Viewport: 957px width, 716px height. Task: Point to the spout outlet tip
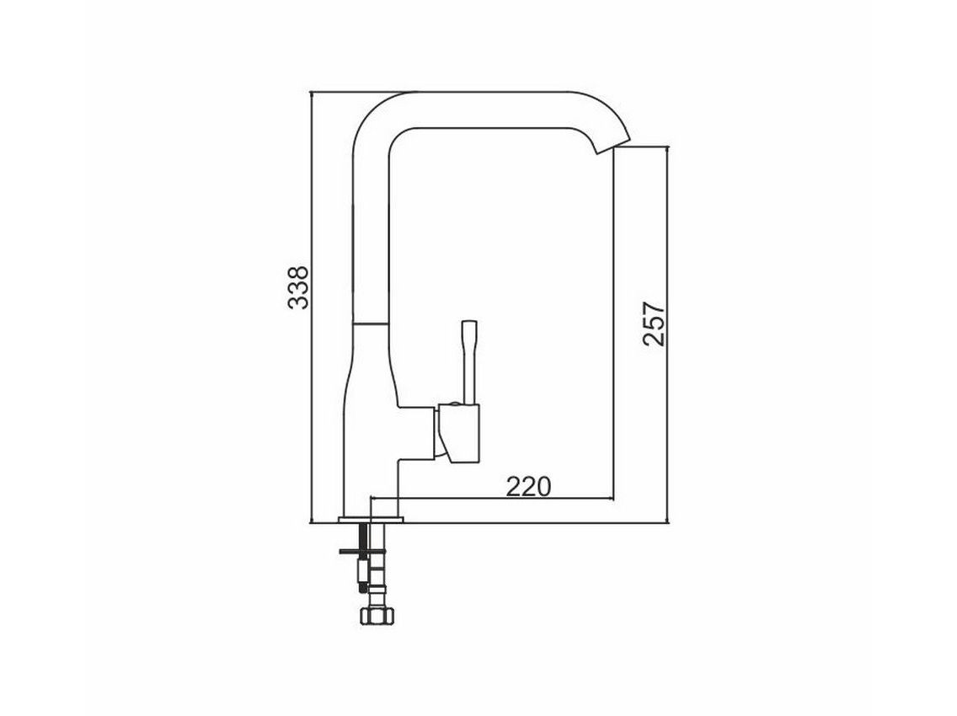(x=611, y=148)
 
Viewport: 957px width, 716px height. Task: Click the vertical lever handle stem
(x=468, y=366)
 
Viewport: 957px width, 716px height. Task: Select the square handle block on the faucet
(x=458, y=432)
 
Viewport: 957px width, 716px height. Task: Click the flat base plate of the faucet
(x=372, y=520)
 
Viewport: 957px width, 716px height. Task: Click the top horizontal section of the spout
(x=497, y=109)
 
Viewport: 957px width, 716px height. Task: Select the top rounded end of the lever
(x=469, y=324)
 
